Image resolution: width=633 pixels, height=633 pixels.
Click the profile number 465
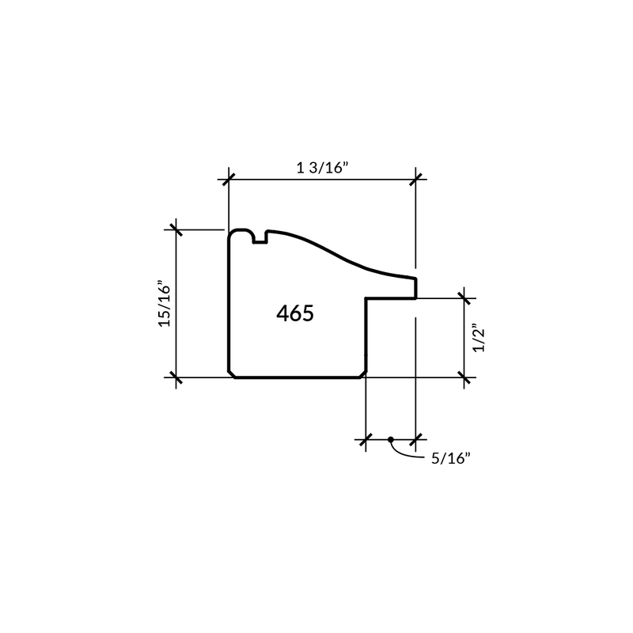point(295,313)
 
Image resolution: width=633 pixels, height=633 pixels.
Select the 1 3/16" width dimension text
point(322,167)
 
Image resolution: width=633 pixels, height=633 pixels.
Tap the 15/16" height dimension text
point(165,303)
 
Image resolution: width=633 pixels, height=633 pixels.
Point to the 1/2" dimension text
point(479,338)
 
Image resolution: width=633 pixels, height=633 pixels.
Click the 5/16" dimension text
point(451,459)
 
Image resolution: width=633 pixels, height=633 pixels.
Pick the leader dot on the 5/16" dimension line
point(390,439)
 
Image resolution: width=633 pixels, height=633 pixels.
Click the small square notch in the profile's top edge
point(260,238)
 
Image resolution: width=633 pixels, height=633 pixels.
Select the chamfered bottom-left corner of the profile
point(232,374)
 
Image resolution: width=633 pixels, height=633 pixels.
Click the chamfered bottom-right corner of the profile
point(363,374)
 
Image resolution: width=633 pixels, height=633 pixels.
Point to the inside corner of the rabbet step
point(366,299)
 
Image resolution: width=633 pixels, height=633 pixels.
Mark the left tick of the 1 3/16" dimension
point(229,180)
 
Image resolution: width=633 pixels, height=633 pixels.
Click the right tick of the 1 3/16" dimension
point(416,180)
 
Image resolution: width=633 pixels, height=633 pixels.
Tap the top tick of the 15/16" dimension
point(176,229)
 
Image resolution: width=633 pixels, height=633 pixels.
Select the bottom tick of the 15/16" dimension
point(176,377)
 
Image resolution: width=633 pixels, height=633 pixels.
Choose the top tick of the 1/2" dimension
point(464,299)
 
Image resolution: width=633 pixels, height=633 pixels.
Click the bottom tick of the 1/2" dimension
point(464,377)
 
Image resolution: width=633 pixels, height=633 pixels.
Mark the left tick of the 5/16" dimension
point(366,439)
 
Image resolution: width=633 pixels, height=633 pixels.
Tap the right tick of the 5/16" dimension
point(416,439)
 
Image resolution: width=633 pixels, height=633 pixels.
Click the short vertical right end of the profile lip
point(416,288)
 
